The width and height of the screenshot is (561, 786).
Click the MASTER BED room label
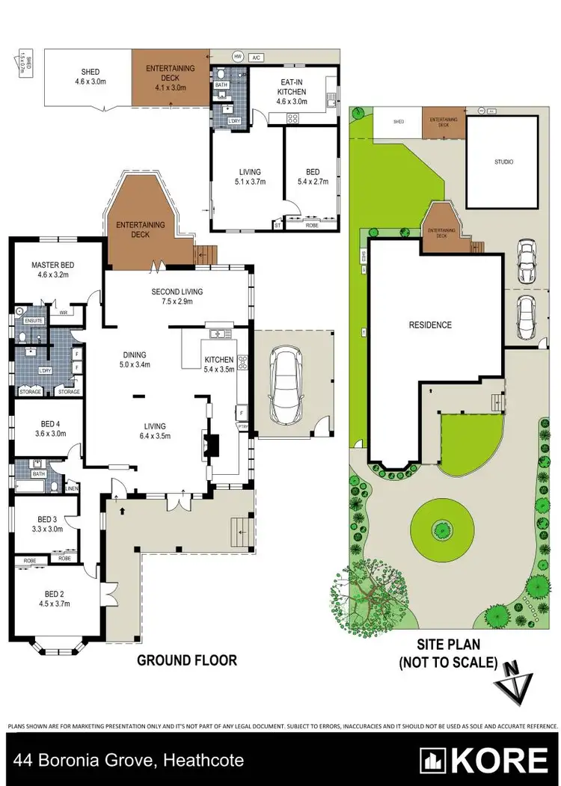click(x=50, y=265)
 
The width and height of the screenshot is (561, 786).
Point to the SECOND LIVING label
click(x=177, y=292)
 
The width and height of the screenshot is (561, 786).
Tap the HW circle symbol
click(x=238, y=56)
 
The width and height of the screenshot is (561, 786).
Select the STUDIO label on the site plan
click(x=503, y=162)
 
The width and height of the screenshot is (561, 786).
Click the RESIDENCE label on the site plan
click(x=430, y=325)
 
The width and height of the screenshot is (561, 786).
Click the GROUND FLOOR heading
click(x=186, y=660)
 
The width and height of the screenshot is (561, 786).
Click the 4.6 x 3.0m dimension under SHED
click(x=90, y=82)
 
